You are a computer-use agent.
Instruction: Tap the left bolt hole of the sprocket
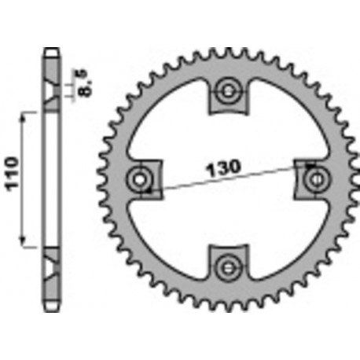[x=142, y=178]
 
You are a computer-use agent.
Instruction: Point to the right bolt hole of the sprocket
[x=317, y=178]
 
